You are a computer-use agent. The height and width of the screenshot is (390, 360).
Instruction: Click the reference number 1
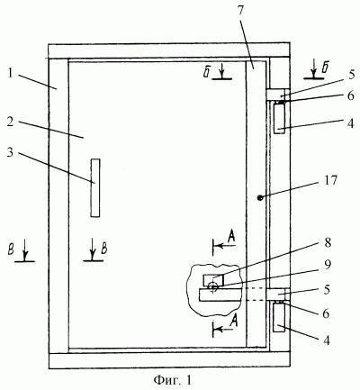coord(10,73)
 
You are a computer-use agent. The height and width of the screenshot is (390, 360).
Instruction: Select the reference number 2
coord(12,123)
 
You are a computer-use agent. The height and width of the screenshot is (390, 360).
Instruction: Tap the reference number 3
coord(11,153)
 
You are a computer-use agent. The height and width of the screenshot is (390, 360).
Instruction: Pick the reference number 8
coord(327,242)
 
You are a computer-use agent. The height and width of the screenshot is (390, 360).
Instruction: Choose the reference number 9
coord(327,265)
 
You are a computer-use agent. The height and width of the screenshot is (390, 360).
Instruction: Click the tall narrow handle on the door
coord(95,188)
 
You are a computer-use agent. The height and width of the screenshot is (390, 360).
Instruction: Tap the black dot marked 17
coord(260,197)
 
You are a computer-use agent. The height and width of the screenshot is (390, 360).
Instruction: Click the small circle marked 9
coord(212,287)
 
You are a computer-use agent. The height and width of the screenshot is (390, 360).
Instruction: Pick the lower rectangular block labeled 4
coord(279,318)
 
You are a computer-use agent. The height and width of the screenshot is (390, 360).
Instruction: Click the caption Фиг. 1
coord(172,380)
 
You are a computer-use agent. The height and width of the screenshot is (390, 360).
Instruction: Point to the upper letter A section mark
coord(230,237)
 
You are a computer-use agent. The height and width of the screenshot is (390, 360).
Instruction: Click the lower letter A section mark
coord(234,321)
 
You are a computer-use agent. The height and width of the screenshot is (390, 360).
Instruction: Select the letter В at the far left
coord(11,250)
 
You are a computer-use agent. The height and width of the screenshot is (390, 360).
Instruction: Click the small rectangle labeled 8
coord(213,280)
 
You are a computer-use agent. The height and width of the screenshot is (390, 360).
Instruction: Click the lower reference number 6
coord(326,313)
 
